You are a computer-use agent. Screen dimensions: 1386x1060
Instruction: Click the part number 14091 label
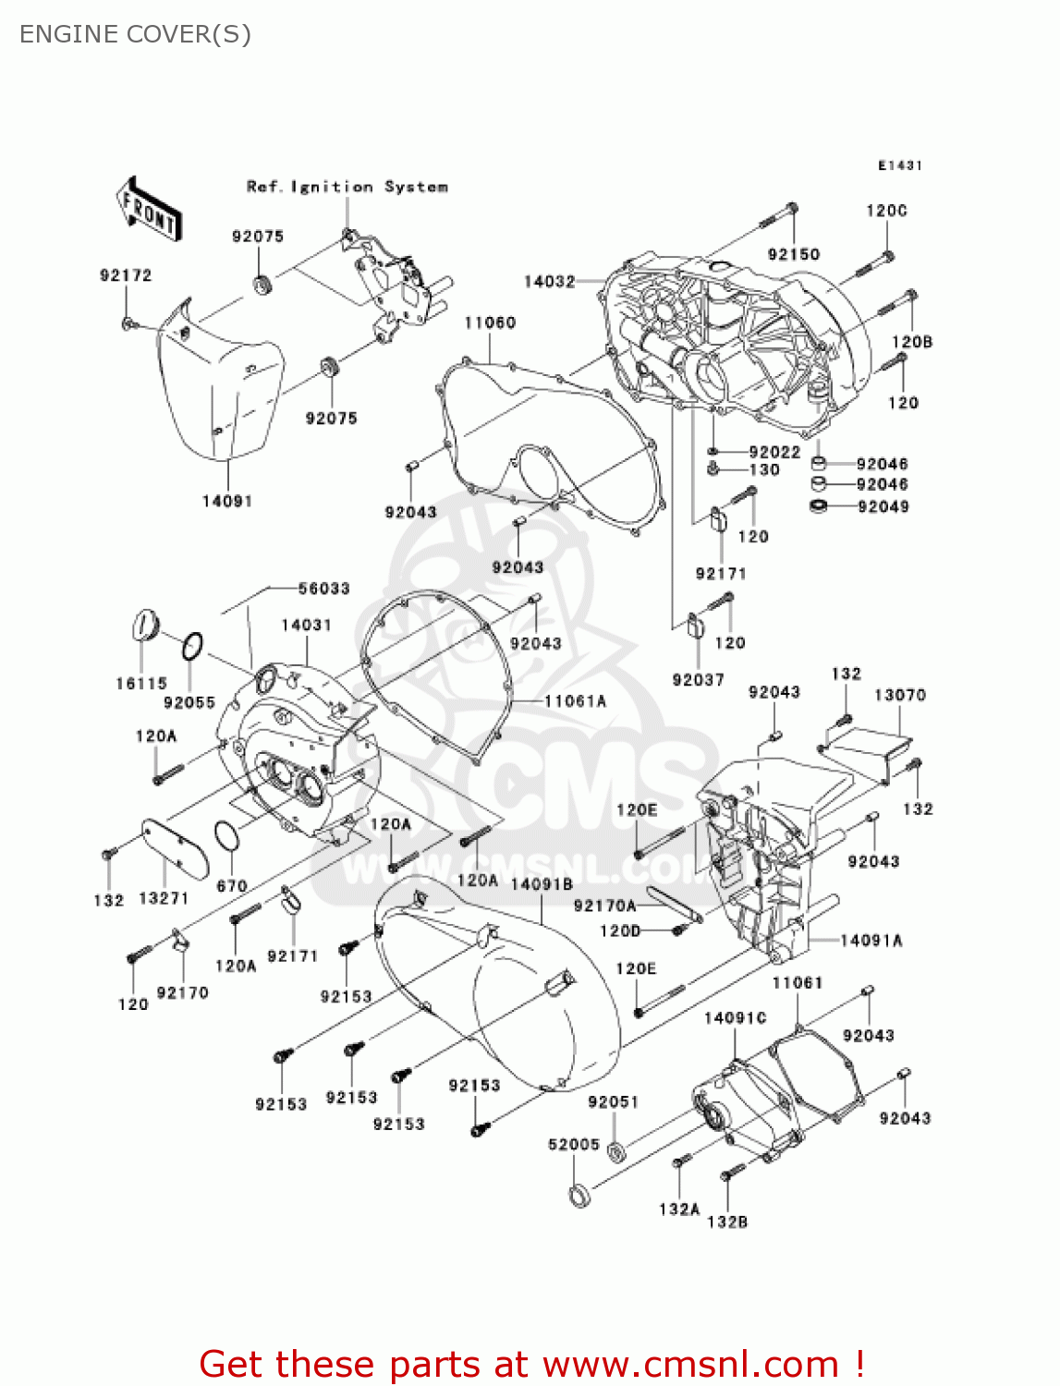(227, 501)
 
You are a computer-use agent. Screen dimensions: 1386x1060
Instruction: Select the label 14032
(549, 281)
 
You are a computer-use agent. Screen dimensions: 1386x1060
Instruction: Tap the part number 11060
(490, 322)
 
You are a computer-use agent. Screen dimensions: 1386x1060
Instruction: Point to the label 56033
(323, 589)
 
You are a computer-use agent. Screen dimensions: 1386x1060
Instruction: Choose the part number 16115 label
(141, 684)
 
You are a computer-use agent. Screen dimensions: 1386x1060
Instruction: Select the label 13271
(164, 898)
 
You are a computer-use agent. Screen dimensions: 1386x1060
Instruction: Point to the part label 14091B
(542, 884)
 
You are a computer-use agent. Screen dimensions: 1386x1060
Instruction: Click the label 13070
(899, 695)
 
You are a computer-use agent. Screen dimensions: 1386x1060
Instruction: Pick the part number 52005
(574, 1144)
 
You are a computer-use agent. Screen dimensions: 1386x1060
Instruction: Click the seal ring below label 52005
(579, 1196)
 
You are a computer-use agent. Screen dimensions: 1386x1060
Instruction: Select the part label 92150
(794, 254)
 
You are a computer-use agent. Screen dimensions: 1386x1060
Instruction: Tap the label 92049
(883, 506)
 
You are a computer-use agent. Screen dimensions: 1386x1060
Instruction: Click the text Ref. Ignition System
(347, 187)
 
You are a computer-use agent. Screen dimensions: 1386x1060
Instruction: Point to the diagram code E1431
(899, 165)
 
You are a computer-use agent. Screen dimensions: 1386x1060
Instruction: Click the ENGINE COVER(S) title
(135, 34)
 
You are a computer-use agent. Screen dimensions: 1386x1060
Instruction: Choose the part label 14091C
(736, 1017)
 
